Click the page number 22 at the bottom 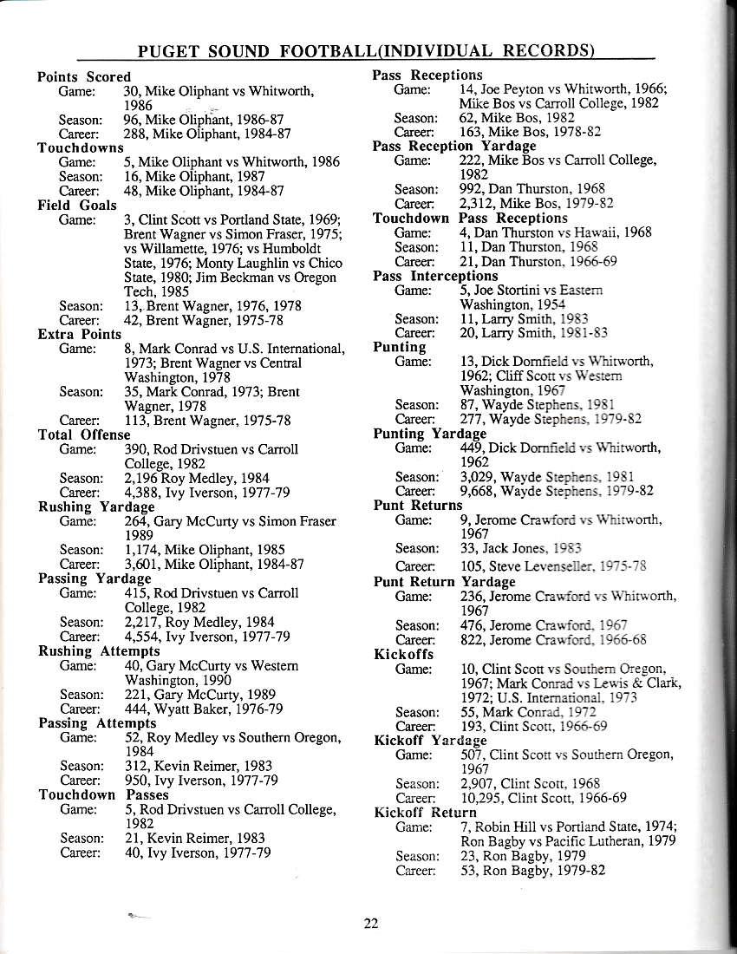[x=371, y=923]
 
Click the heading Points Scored [x=83, y=77]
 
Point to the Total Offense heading [x=83, y=435]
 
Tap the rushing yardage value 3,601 [x=143, y=564]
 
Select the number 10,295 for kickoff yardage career [x=483, y=798]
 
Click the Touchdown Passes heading [x=103, y=794]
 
